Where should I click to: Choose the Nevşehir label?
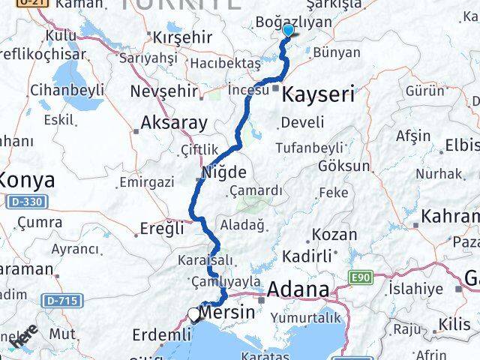163,91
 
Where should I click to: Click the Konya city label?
27,180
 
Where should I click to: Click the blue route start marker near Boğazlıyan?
289,31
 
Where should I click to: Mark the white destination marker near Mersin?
194,315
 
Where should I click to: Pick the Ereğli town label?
162,229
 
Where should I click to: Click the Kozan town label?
334,234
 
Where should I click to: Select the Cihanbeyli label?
67,90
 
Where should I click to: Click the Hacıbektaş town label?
226,65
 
